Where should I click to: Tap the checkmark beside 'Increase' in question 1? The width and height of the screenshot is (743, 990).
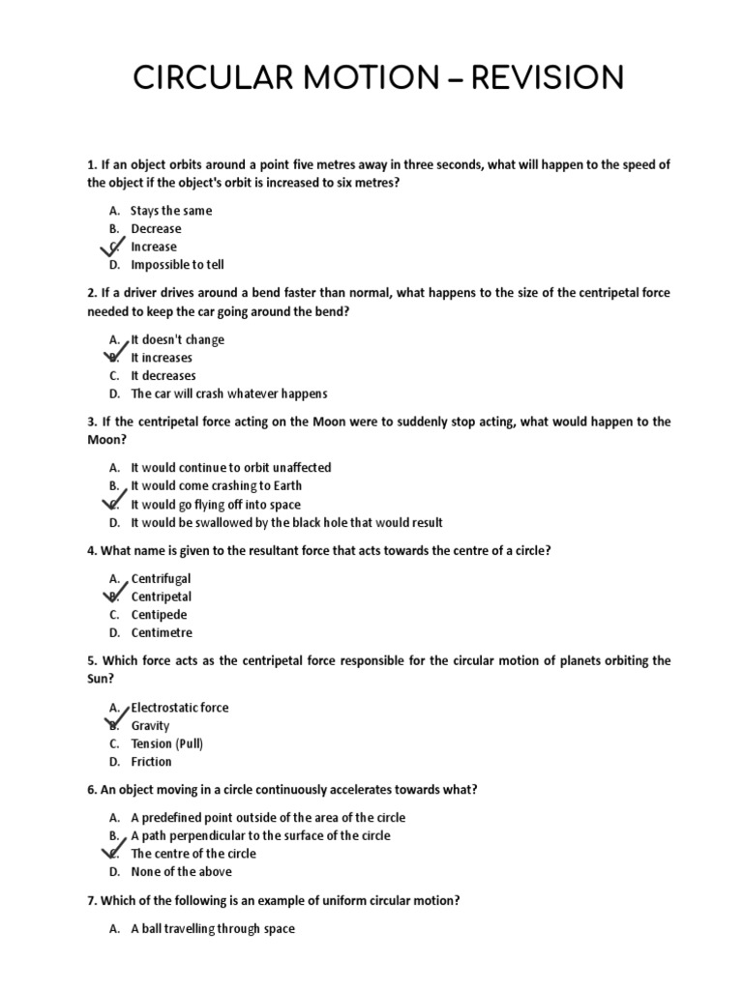click(114, 248)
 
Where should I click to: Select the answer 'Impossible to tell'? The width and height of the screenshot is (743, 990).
click(177, 265)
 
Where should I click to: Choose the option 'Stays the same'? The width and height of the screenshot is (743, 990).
click(171, 211)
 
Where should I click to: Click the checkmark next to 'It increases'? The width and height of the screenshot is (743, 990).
click(114, 355)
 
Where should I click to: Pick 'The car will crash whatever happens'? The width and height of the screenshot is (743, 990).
click(229, 393)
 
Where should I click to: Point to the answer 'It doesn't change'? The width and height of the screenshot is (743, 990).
click(177, 339)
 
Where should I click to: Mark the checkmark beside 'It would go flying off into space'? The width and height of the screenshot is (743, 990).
click(114, 503)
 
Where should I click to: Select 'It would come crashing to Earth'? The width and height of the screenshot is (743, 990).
click(217, 486)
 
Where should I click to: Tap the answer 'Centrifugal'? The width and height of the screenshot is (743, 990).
click(161, 578)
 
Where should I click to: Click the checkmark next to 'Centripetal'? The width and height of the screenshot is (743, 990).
click(114, 594)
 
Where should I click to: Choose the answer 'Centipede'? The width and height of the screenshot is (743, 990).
click(159, 615)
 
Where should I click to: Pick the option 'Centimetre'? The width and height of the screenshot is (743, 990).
click(162, 633)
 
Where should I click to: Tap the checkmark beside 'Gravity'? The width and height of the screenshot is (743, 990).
click(114, 722)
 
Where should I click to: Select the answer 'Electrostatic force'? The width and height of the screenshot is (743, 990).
click(180, 708)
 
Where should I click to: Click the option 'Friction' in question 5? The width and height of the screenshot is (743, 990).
click(151, 762)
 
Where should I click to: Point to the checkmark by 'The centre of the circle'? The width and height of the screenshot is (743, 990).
click(114, 852)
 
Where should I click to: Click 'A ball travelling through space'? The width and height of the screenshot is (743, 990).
click(213, 929)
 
